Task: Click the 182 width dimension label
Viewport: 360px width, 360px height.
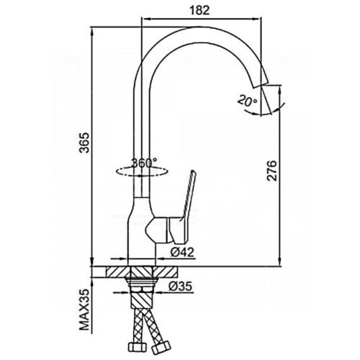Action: [199, 10]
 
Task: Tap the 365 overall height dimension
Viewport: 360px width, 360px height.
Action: [84, 142]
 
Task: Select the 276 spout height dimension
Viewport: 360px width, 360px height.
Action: [272, 171]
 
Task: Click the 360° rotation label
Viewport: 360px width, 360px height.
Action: [144, 163]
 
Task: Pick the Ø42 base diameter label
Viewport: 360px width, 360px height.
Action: [181, 252]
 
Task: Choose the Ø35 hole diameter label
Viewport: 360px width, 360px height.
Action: [181, 286]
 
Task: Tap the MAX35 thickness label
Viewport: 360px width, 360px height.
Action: [84, 310]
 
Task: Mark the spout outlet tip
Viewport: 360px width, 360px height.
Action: [261, 85]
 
